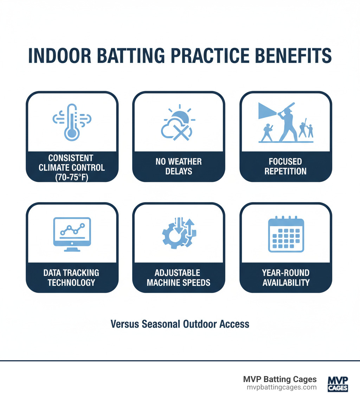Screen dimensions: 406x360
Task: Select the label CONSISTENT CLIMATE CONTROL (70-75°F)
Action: point(72,167)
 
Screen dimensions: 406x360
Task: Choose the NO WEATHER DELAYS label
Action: point(179,166)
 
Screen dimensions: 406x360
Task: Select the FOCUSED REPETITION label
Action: point(285,166)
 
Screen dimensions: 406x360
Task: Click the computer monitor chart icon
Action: point(72,233)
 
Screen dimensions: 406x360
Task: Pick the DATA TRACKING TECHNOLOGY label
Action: point(72,277)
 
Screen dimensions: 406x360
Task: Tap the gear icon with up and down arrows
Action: point(178,233)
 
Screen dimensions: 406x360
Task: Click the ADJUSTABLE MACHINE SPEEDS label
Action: point(179,277)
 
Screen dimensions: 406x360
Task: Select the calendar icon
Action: point(285,234)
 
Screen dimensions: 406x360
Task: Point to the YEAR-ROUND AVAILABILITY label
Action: point(285,277)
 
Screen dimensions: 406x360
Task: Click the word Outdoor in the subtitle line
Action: point(197,324)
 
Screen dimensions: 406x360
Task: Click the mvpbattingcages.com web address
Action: point(282,387)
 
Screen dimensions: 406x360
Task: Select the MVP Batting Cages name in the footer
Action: point(280,379)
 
